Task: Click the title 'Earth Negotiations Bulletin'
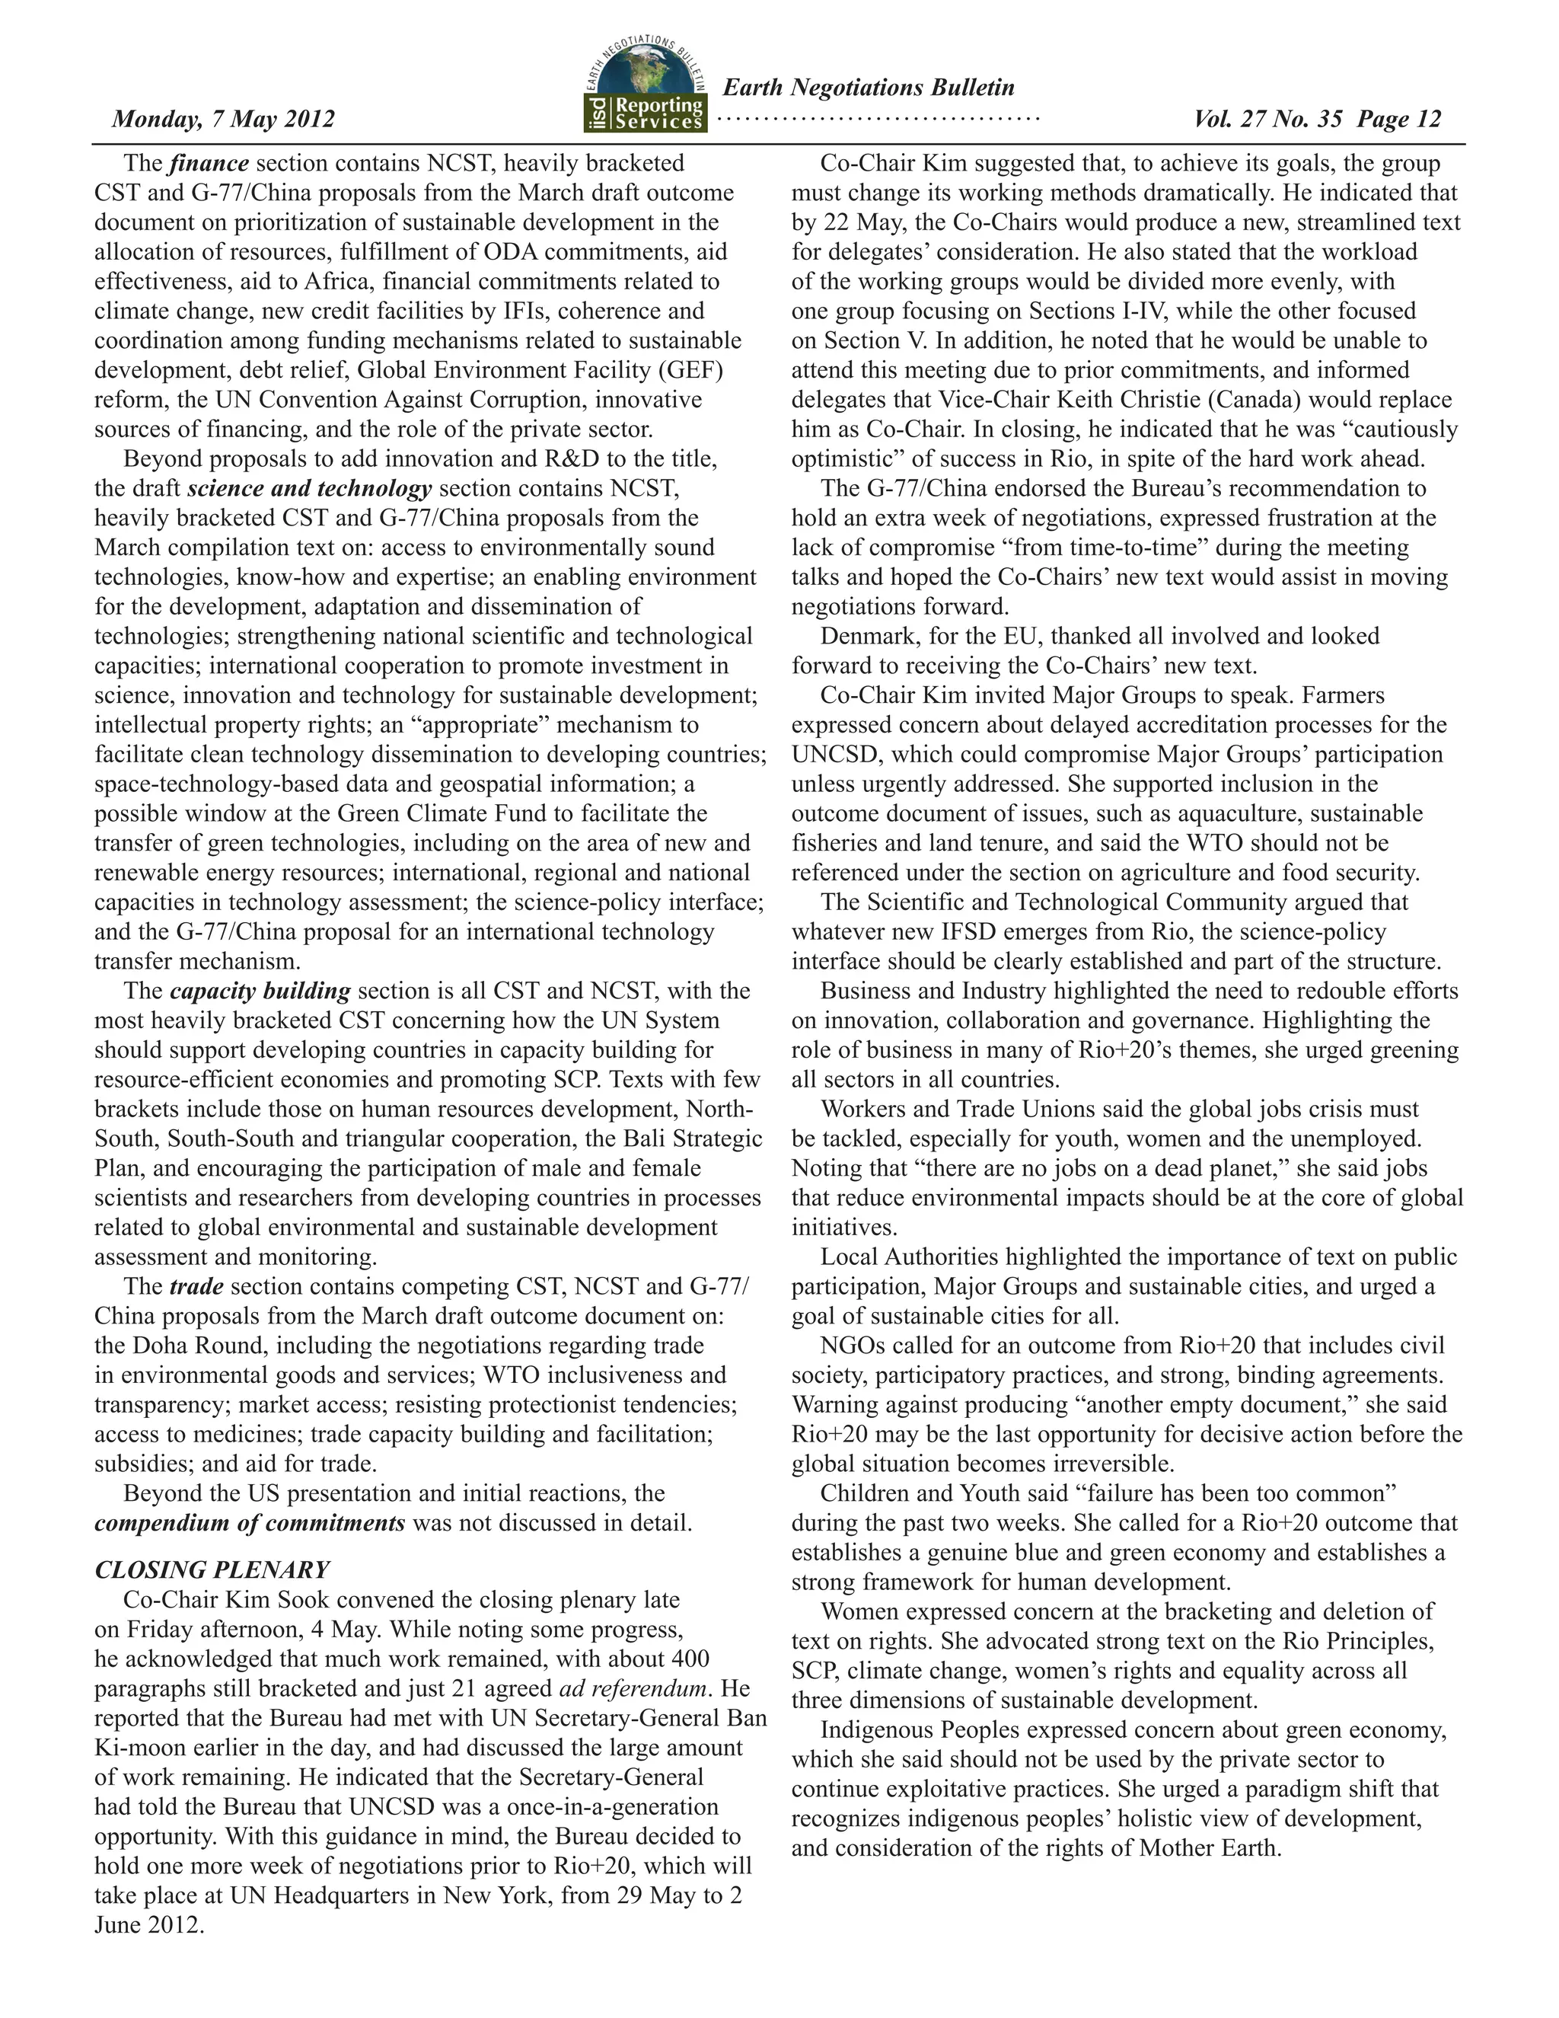[x=867, y=88]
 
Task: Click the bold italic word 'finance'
[x=209, y=164]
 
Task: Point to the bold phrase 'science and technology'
[x=308, y=489]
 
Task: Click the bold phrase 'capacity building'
[x=260, y=991]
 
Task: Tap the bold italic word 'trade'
[x=196, y=1287]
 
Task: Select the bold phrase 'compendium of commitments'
[x=250, y=1524]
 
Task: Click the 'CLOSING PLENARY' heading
[x=212, y=1570]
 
